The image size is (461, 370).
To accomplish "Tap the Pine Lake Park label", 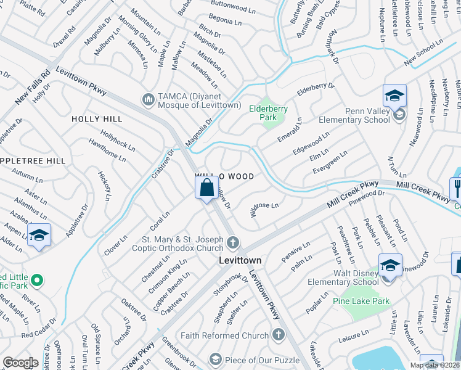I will [x=361, y=301].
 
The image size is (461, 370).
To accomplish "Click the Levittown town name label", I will [x=240, y=261].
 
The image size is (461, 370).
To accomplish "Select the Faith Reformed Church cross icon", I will [x=278, y=335].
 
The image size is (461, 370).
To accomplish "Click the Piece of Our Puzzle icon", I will [x=214, y=358].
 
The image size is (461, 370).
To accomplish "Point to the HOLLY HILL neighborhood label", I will [x=94, y=118].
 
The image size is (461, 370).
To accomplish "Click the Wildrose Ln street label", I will [x=265, y=210].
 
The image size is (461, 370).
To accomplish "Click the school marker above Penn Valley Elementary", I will [x=394, y=96].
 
